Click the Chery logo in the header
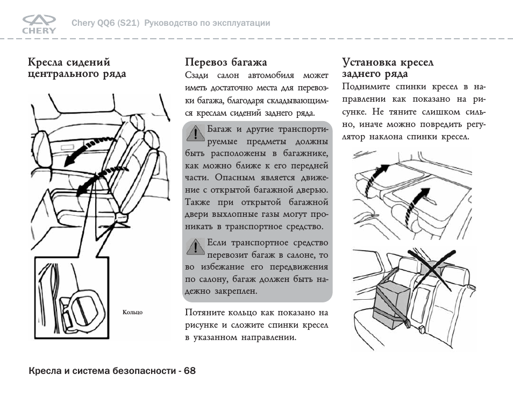[x=39, y=24]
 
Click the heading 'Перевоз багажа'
[x=226, y=62]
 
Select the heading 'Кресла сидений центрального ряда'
[x=77, y=68]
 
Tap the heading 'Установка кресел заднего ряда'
[x=388, y=68]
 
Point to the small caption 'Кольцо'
[x=132, y=312]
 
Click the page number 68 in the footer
[x=189, y=371]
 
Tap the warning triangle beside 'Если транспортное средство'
[x=194, y=247]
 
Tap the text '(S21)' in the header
[x=129, y=23]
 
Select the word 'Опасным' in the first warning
[x=234, y=178]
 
